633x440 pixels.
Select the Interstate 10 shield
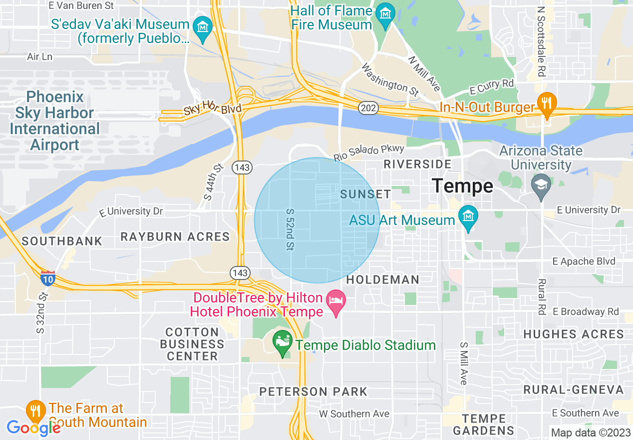[48, 278]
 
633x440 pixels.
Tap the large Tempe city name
[462, 186]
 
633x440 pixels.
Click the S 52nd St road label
[289, 230]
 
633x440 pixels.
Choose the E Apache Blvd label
[584, 261]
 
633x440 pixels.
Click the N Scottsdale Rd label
[541, 41]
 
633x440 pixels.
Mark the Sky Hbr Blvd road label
[212, 109]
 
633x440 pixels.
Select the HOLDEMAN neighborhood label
[383, 279]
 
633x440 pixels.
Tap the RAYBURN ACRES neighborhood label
[175, 236]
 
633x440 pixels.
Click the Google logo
[33, 427]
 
